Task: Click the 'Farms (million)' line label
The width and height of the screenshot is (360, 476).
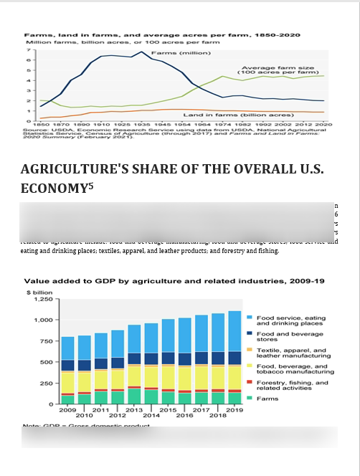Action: point(170,53)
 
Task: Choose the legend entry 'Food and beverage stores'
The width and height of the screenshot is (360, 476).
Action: point(290,336)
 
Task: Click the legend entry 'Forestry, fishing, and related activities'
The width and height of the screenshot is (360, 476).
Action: point(292,386)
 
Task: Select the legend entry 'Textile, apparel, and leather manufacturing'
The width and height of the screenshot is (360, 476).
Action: point(293,353)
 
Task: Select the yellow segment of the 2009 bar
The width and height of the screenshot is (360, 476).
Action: point(67,382)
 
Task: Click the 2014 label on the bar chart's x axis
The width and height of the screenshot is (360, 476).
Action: point(151,415)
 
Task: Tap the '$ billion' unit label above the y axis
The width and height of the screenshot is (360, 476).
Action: point(39,292)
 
